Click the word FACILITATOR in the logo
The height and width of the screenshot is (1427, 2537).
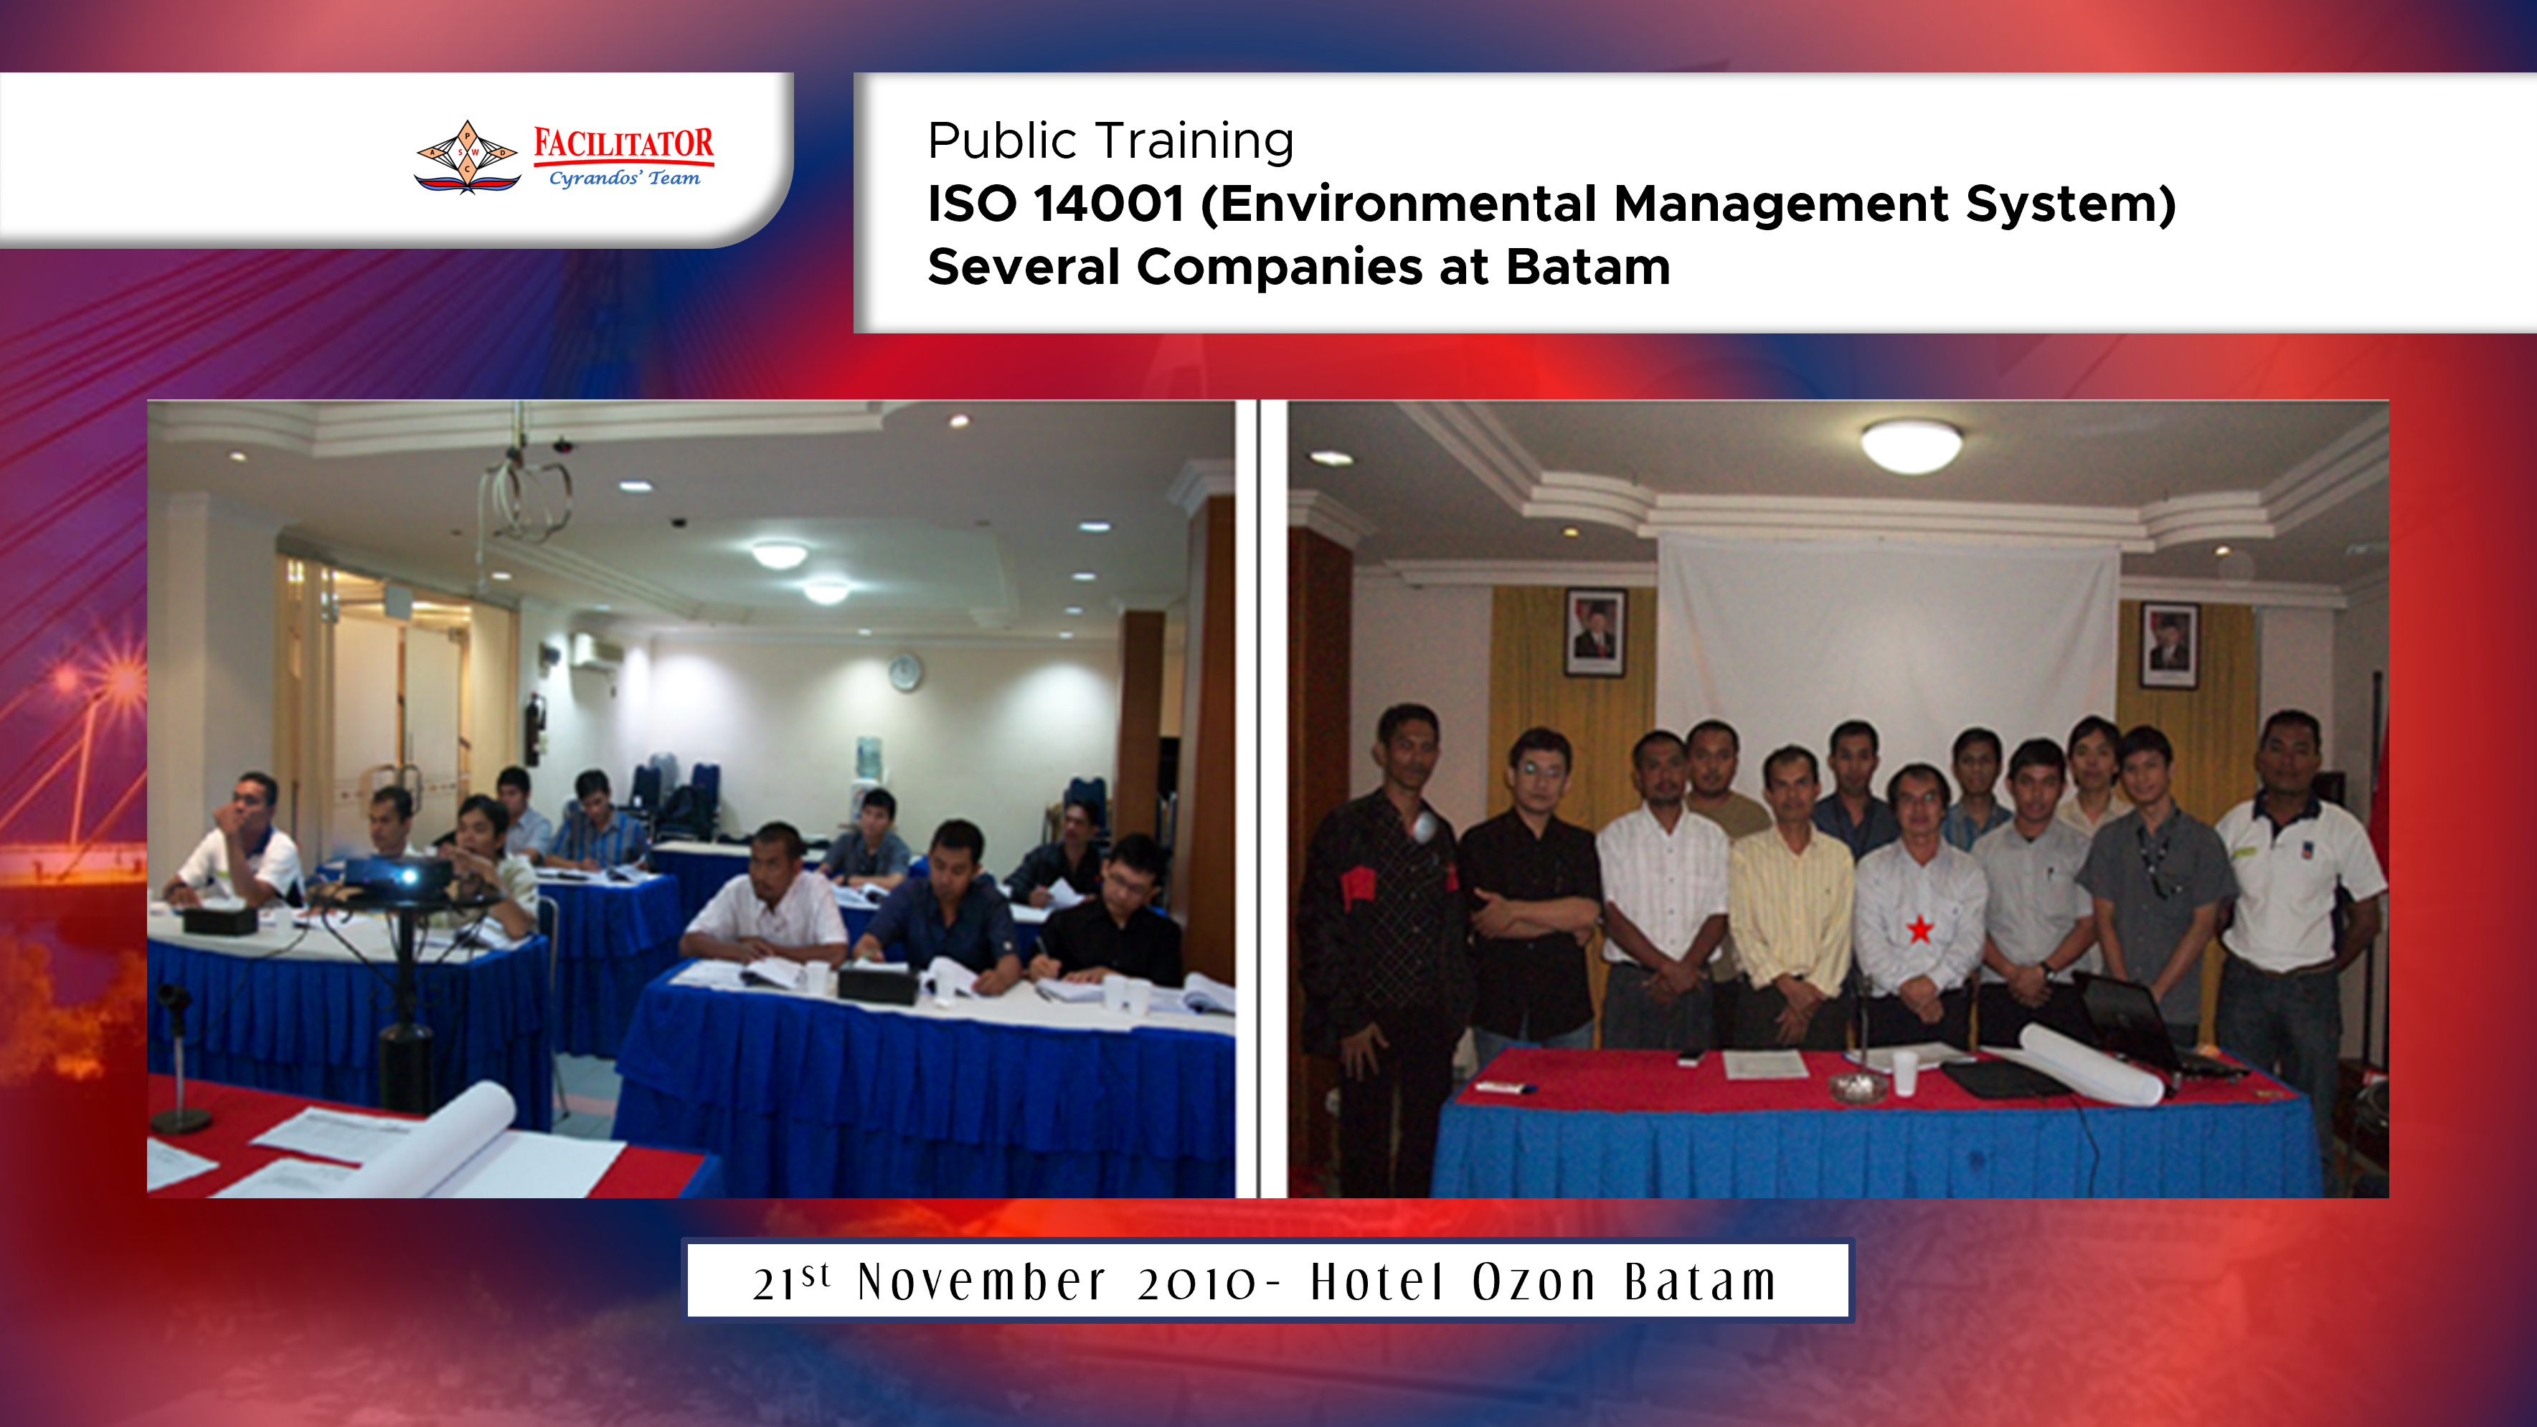coord(623,144)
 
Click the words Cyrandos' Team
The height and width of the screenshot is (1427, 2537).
coord(625,179)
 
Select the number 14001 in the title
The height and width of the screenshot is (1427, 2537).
coord(1109,204)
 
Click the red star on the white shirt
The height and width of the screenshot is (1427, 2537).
coord(1919,929)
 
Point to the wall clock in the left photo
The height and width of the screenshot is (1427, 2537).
coord(905,672)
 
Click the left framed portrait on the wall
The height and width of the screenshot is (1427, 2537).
coord(1595,632)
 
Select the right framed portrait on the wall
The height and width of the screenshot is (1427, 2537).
coord(2168,645)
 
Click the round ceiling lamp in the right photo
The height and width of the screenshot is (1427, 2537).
coord(1911,446)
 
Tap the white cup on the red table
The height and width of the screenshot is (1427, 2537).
coord(1904,1073)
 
